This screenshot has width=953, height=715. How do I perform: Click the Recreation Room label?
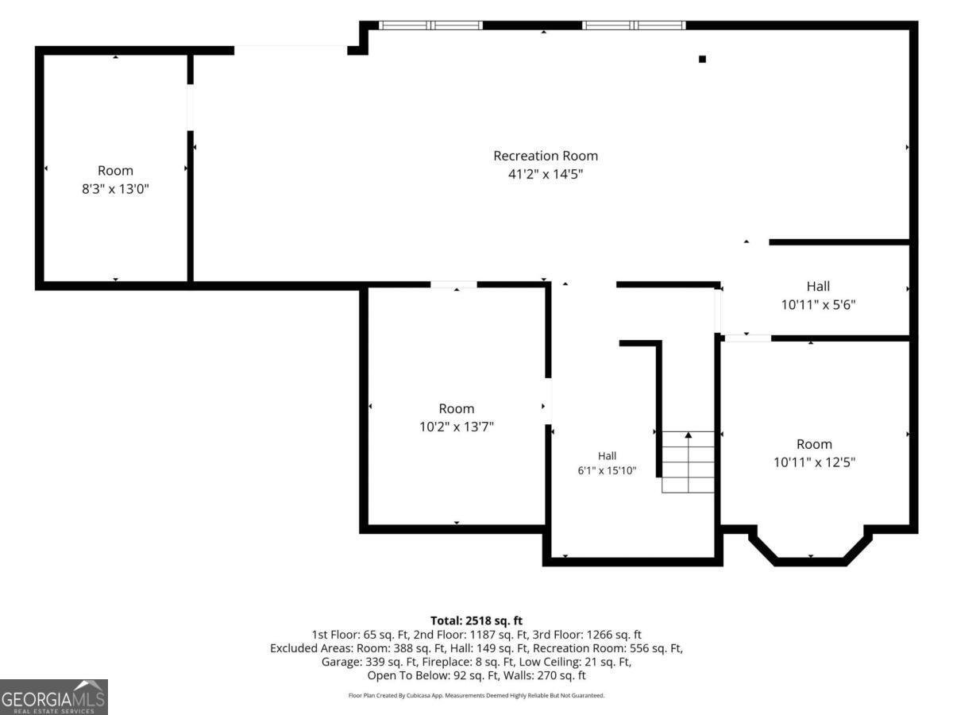tap(546, 156)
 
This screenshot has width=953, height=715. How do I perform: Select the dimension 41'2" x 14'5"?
tap(546, 174)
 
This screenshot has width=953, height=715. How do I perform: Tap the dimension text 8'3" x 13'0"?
tap(115, 189)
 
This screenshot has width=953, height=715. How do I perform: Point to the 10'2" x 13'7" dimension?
tap(457, 427)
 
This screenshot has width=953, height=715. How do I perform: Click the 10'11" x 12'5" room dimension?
tap(814, 462)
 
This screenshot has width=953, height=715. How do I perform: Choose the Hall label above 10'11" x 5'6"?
tap(818, 287)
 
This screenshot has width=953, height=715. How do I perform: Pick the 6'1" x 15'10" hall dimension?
tap(607, 470)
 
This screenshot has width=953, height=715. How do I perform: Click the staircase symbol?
tap(688, 462)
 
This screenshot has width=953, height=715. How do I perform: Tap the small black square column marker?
tap(702, 60)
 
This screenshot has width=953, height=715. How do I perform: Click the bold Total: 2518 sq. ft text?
tap(476, 620)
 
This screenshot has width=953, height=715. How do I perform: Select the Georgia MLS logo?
tap(54, 697)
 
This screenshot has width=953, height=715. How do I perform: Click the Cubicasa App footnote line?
tap(476, 695)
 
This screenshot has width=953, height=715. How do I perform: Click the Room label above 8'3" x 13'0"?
tap(115, 171)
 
